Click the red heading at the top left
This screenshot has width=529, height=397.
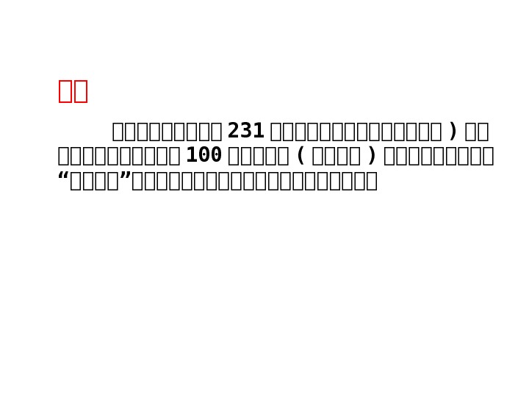(73, 91)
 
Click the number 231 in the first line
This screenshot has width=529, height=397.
(245, 132)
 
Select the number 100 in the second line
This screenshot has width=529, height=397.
(204, 156)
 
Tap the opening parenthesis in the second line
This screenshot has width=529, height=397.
(301, 156)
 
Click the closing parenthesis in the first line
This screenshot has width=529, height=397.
(453, 132)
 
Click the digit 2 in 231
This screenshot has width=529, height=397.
(234, 132)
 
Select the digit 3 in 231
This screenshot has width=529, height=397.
(246, 132)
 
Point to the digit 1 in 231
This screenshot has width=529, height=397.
(259, 132)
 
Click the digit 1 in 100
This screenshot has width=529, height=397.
(191, 156)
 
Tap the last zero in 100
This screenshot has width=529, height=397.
(216, 156)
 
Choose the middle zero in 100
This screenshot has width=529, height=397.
(204, 156)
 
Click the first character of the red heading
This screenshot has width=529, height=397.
(65, 91)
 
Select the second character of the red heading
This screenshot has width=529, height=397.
(81, 91)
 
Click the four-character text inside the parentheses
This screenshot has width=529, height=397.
(337, 156)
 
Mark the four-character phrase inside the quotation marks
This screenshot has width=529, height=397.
(94, 181)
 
